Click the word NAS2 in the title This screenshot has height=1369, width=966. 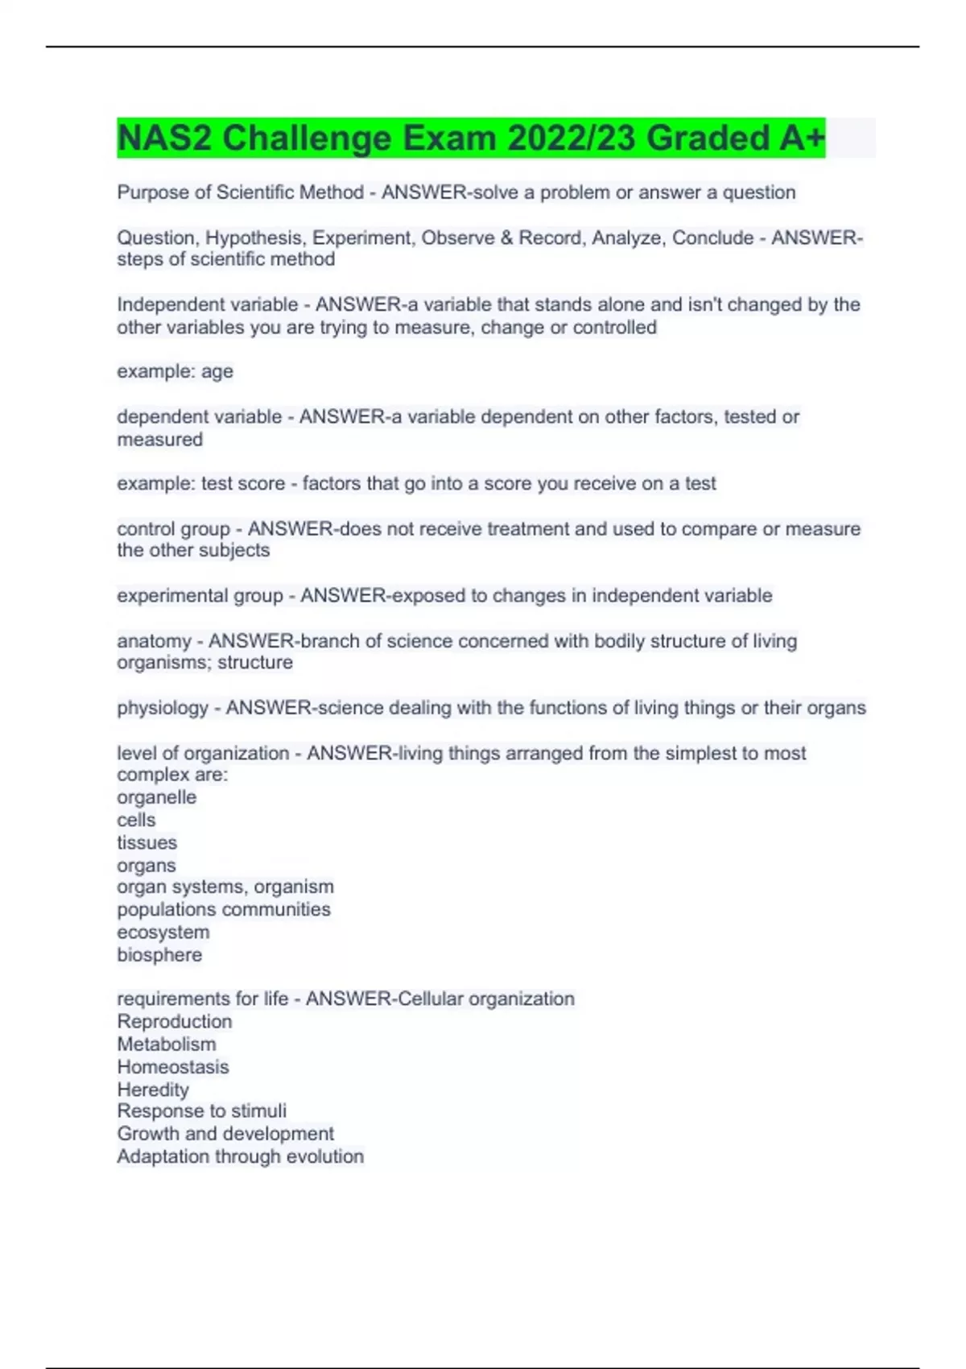164,138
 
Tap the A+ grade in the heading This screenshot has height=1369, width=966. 802,138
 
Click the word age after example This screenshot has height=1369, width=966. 217,372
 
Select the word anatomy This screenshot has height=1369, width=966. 154,641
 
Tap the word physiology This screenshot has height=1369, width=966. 163,708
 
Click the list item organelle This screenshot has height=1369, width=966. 156,797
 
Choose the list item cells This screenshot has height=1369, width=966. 136,820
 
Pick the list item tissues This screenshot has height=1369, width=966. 147,842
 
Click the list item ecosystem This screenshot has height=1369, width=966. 163,932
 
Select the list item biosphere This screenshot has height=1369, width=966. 159,955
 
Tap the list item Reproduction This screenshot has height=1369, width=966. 174,1021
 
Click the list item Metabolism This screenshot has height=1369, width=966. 167,1044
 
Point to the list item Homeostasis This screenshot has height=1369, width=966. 172,1067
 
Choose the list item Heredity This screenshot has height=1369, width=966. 153,1090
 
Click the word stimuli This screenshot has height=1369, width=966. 258,1111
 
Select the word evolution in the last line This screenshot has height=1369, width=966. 325,1156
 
